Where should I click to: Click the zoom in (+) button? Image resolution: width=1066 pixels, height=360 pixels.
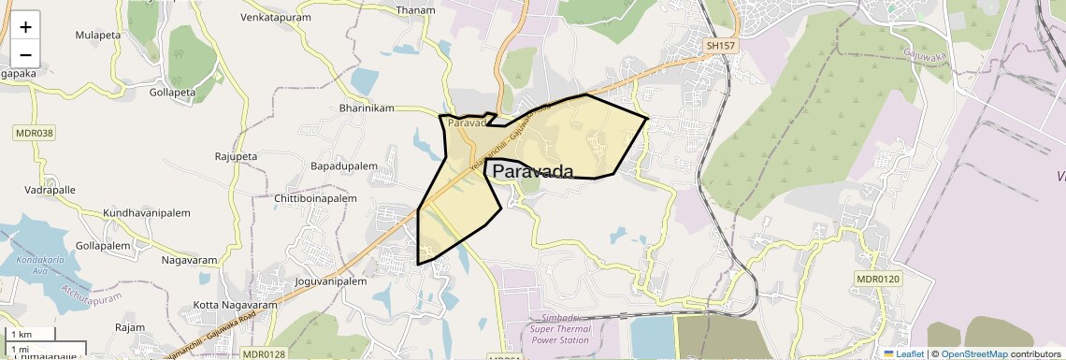[x=25, y=27]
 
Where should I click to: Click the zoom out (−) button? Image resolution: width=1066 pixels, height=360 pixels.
[x=25, y=53]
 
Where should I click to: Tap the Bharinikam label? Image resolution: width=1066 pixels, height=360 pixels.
[x=367, y=108]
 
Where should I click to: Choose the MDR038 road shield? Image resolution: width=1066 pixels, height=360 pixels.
[x=35, y=133]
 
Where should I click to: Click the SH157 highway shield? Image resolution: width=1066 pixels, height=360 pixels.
[x=722, y=45]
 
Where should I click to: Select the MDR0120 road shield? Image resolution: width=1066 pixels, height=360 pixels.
[x=877, y=279]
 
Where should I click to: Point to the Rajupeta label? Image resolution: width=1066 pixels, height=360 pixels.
[x=236, y=156]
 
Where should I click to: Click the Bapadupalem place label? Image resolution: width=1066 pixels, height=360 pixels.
[x=343, y=166]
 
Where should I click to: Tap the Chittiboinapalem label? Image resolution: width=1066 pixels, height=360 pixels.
[x=316, y=199]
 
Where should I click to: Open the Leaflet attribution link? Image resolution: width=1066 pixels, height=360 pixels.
[x=904, y=353]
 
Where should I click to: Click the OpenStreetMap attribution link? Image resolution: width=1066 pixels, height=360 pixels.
[x=974, y=353]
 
